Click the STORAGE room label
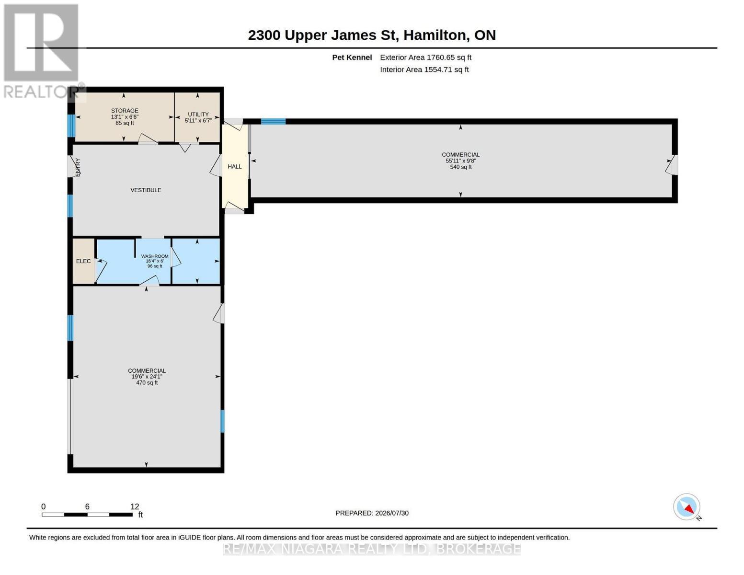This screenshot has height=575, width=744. coord(124,111)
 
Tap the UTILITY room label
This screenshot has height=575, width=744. coord(198,114)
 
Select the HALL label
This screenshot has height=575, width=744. coord(235,166)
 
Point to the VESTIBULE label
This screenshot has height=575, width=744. coord(146,190)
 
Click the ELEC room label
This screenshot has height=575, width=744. coord(83,261)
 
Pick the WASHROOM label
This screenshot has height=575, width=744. coord(155,256)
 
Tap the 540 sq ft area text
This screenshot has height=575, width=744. coord(460,167)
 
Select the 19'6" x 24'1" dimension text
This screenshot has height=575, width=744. coord(147,377)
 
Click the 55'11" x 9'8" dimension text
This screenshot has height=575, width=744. coord(460,161)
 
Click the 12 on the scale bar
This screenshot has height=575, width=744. coord(135,506)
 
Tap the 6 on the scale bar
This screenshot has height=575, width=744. coord(87,506)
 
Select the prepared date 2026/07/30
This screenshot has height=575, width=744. coord(392,513)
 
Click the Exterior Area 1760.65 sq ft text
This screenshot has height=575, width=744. coord(425,57)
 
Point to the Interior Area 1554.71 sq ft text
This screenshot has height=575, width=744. coord(424,69)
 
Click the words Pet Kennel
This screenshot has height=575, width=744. coord(352,57)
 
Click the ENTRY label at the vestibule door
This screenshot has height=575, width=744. coord(78,167)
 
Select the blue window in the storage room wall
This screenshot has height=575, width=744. coord(71,126)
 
